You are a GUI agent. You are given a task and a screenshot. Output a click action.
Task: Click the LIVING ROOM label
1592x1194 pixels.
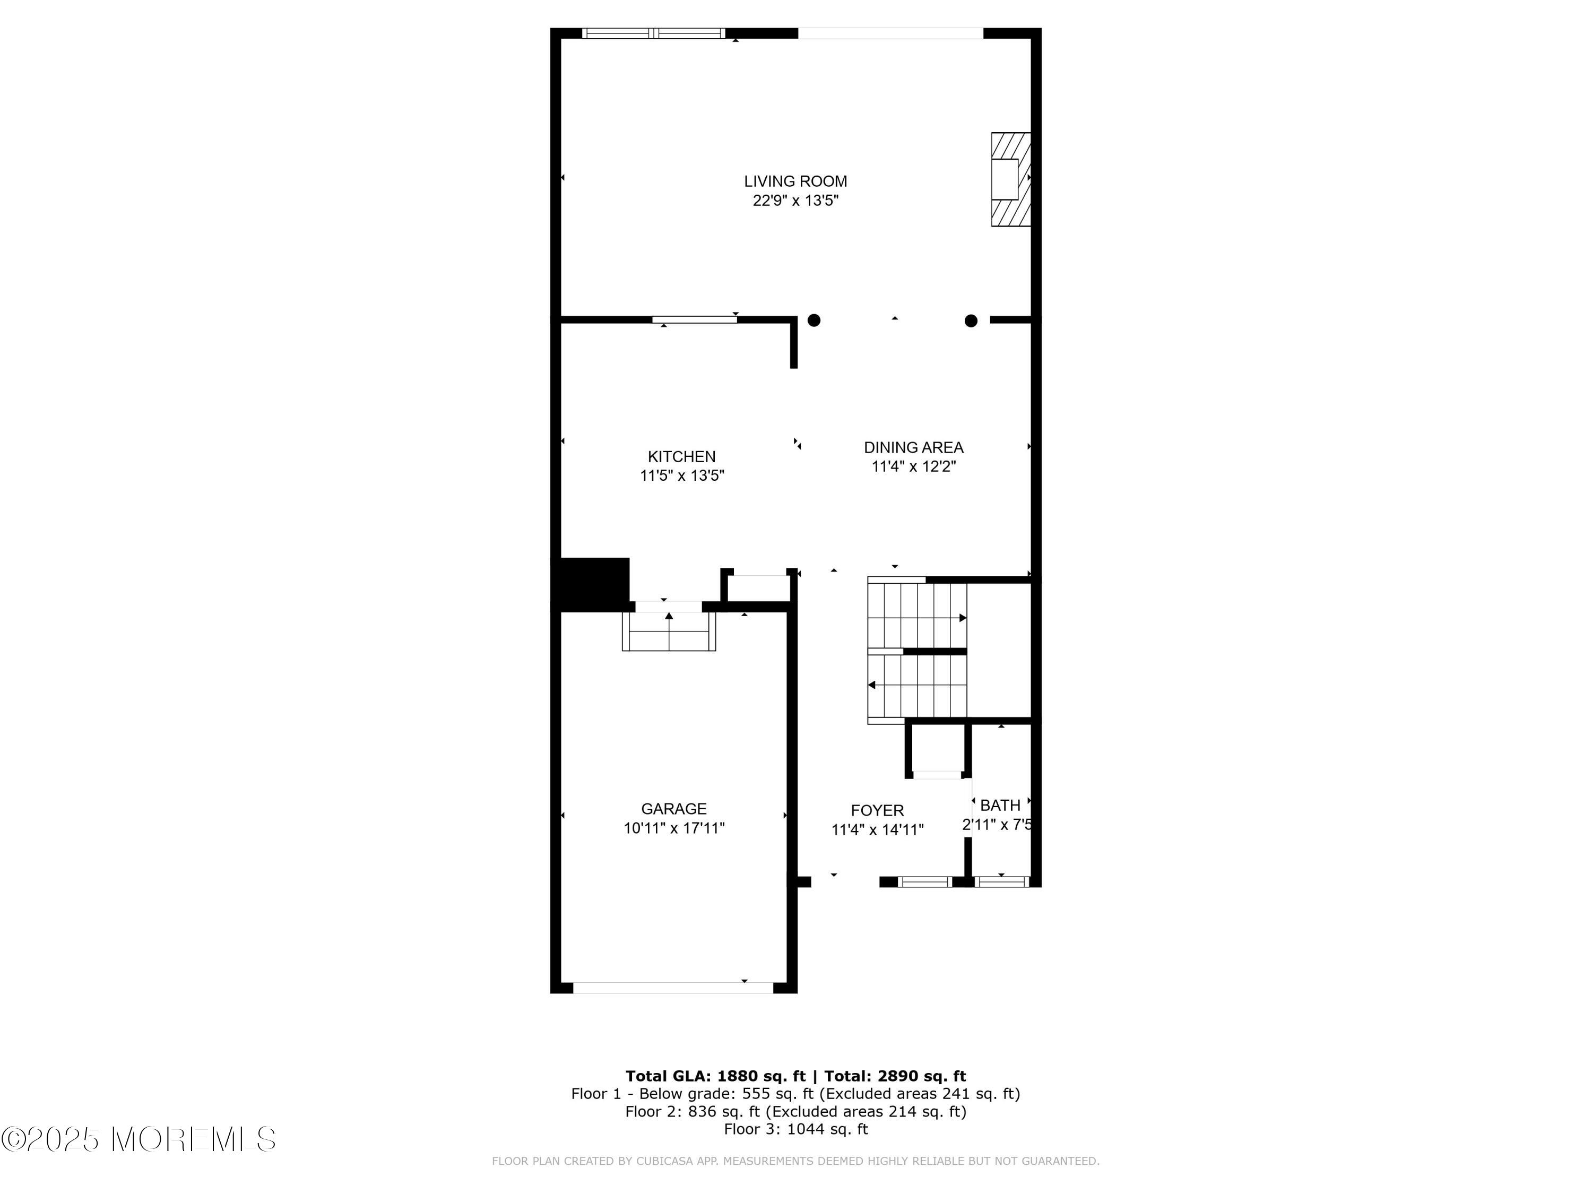[x=795, y=181]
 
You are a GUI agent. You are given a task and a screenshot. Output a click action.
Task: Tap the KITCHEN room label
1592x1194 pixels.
[x=681, y=456]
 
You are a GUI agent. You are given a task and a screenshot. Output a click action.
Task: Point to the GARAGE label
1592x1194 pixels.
[x=673, y=809]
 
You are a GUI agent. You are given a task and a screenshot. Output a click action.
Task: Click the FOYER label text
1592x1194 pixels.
[x=877, y=810]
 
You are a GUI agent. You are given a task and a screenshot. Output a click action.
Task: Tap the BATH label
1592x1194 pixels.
[x=1000, y=806]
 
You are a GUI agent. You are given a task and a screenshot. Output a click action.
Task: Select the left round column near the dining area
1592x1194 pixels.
[x=814, y=321]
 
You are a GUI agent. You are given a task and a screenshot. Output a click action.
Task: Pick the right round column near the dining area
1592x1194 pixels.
[x=971, y=321]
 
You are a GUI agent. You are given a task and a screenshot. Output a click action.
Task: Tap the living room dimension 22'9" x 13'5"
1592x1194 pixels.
[x=795, y=201]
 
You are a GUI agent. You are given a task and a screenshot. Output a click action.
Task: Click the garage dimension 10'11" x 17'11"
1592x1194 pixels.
[x=673, y=828]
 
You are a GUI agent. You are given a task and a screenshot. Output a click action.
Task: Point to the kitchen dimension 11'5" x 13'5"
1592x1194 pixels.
[x=681, y=475]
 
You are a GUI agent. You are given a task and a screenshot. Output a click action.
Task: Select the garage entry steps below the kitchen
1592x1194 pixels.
[x=669, y=631]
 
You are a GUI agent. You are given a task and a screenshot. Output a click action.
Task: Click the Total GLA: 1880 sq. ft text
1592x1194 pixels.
[x=715, y=1076]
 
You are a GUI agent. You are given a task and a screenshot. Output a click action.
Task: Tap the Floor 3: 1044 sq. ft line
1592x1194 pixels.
[x=795, y=1129]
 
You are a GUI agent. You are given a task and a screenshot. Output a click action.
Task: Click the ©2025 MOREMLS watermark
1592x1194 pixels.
[x=138, y=1139]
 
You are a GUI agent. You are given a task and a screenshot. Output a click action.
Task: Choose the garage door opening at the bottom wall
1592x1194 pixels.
[x=673, y=988]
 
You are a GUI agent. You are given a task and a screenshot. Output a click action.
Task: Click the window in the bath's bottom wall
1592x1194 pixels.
[x=1001, y=881]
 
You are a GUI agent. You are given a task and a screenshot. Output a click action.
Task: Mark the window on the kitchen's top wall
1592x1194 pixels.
[x=695, y=319]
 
